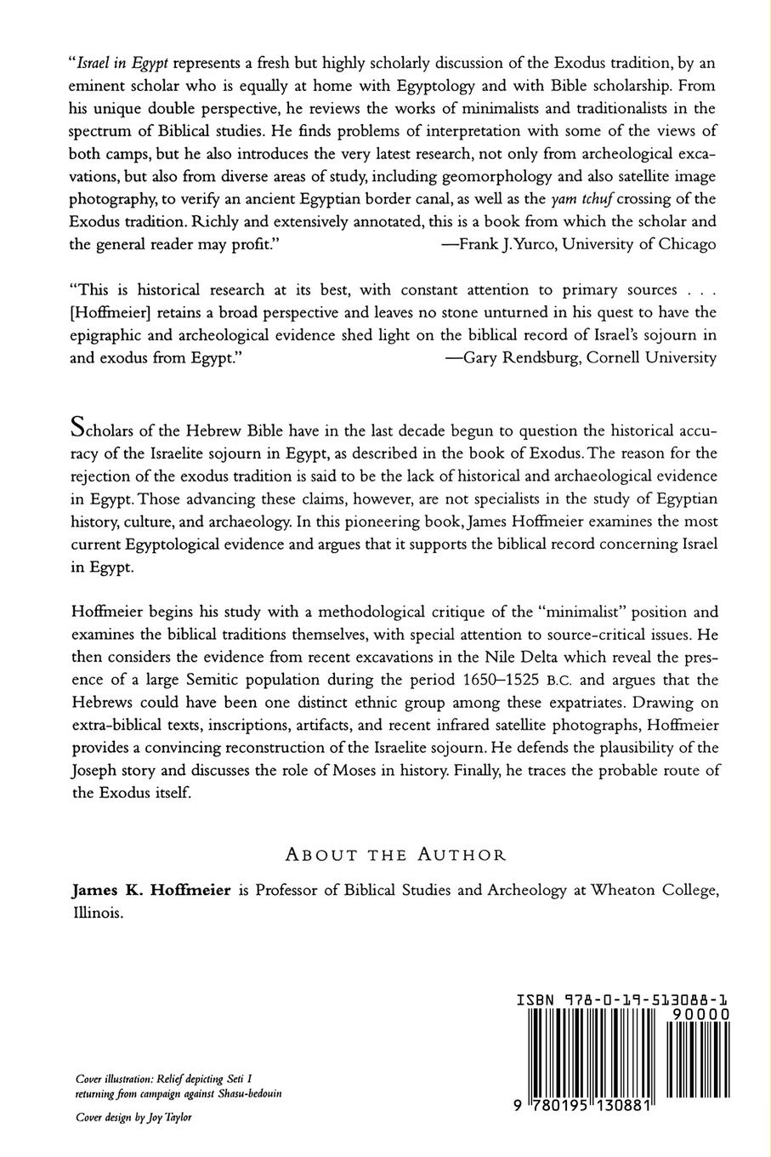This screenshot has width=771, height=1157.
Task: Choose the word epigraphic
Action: [x=105, y=334]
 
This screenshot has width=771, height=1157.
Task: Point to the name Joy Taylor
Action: [x=168, y=1117]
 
